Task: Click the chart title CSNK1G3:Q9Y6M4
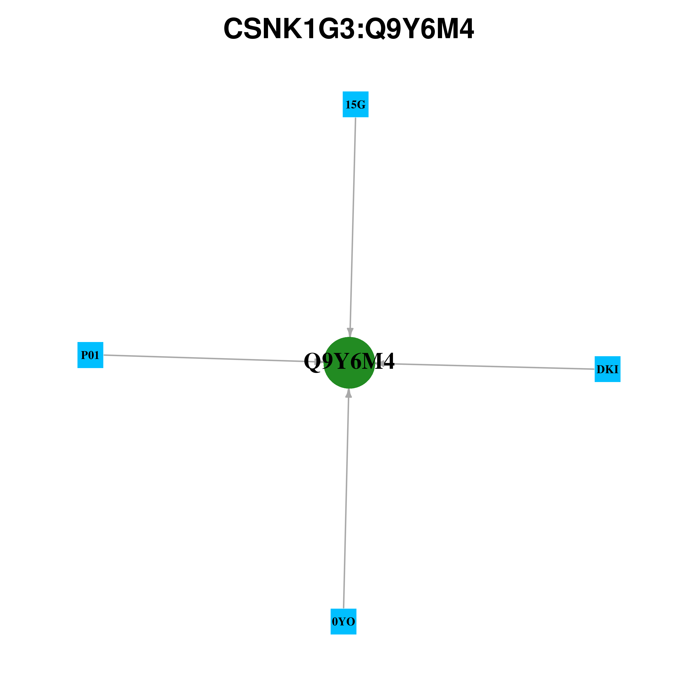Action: pos(349,29)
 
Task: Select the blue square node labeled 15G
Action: pos(356,104)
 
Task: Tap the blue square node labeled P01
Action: pos(90,355)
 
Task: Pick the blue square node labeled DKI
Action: pos(608,369)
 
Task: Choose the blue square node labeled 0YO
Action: pos(344,621)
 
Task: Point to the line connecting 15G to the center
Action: pos(353,227)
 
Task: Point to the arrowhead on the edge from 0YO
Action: pos(349,393)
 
